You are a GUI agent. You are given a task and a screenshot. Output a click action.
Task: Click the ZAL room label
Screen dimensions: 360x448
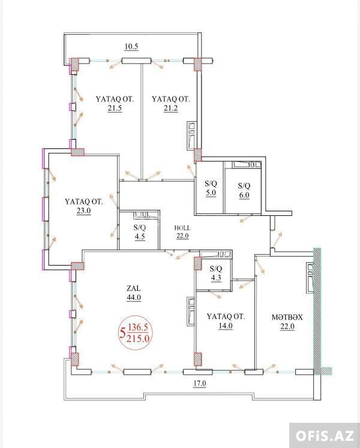pos(134,288)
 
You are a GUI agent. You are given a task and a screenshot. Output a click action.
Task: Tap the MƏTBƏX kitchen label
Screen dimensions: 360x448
pos(287,317)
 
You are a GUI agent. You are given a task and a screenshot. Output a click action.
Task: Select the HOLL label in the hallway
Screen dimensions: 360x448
pos(182,228)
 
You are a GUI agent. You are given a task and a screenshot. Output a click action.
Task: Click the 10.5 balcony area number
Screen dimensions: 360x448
pos(131,46)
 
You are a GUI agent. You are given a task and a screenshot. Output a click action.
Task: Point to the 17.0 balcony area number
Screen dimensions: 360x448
pos(200,383)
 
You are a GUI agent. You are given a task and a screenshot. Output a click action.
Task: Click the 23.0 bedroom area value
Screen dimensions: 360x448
pos(83,211)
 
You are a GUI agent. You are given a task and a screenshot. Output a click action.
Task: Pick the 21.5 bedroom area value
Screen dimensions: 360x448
pos(115,109)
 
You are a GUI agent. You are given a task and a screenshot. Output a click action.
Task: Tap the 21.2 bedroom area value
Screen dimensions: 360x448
pos(171,109)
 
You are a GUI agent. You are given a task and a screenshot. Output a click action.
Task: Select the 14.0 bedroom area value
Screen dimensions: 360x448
pos(226,326)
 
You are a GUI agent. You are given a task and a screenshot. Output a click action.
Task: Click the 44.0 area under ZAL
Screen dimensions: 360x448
pos(134,297)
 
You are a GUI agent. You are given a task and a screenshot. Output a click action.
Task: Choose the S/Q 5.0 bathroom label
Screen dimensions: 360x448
pos(211,188)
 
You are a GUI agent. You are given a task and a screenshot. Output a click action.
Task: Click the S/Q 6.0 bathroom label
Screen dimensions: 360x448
pos(244,190)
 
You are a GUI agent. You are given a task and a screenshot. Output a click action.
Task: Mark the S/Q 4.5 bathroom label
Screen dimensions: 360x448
pos(140,232)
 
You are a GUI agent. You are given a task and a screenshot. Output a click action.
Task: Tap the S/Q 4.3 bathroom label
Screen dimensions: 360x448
pos(216,273)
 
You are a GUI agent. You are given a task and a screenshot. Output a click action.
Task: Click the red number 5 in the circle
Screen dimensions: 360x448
pos(123,333)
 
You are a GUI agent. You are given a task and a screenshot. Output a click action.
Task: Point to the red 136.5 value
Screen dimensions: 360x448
pos(138,327)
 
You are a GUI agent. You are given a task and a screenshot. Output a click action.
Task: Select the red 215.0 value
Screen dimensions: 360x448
pos(138,339)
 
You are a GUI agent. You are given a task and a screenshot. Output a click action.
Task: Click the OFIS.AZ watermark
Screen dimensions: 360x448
pos(324,436)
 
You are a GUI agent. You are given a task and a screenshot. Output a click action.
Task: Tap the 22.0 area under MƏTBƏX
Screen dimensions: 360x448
pos(287,326)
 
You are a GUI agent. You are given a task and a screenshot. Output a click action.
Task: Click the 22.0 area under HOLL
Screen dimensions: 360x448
pos(182,236)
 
